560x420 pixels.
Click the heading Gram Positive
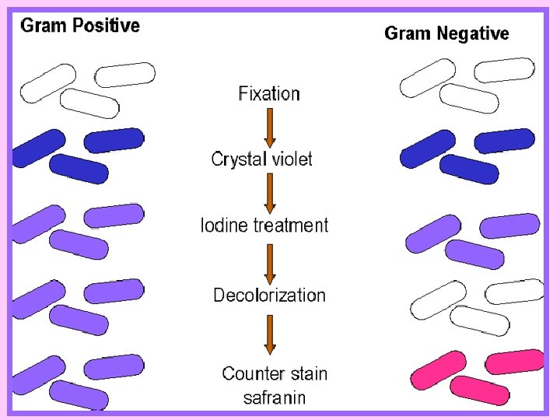point(80,26)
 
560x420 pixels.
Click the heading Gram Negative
point(446,33)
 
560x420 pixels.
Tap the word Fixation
point(269,93)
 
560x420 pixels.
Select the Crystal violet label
point(262,159)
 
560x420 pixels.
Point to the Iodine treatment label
point(264,226)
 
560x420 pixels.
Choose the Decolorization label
point(269,296)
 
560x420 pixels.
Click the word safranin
point(275,397)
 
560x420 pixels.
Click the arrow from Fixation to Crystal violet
point(270,128)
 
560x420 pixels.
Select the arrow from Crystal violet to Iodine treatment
point(270,194)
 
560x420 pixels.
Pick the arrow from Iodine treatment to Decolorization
point(270,264)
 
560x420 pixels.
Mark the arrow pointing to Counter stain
point(270,335)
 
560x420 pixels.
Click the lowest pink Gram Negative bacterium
point(480,390)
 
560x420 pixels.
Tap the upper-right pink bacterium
point(515,362)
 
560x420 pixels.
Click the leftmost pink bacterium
point(438,370)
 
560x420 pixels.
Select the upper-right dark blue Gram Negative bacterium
point(504,141)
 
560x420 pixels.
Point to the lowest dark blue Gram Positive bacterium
point(79,169)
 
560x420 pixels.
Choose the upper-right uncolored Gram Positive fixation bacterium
point(125,75)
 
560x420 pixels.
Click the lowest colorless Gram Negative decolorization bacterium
point(480,320)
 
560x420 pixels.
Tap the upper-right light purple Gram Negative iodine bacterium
point(509,226)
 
